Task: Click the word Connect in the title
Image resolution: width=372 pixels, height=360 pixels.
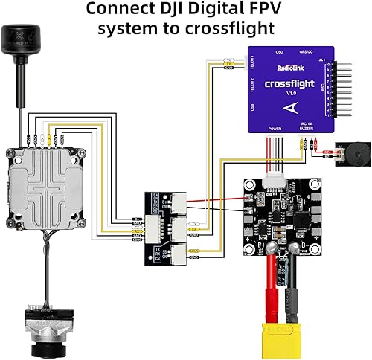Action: tap(124, 10)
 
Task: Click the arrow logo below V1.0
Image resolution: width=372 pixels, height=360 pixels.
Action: tap(290, 107)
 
